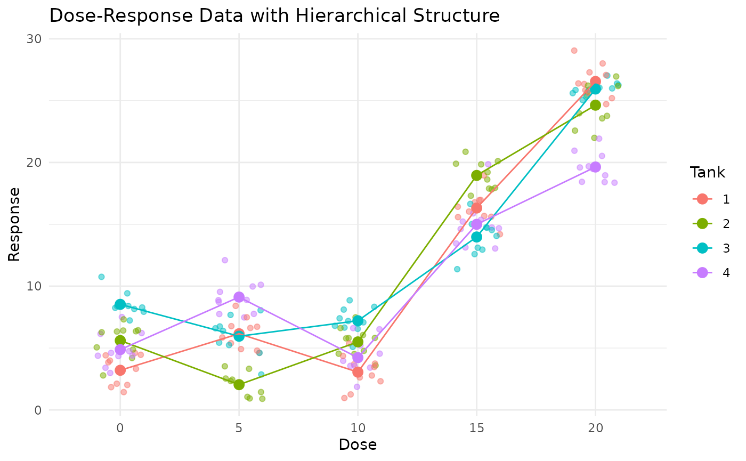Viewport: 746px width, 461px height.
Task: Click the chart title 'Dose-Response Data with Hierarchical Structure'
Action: [x=274, y=15]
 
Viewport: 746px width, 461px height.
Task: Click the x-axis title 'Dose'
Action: [x=358, y=444]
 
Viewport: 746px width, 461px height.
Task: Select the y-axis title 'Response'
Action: [x=14, y=224]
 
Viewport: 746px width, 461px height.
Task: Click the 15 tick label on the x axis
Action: [x=476, y=427]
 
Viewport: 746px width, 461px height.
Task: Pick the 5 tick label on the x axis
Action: [x=239, y=427]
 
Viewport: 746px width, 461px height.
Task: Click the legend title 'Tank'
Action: [x=707, y=173]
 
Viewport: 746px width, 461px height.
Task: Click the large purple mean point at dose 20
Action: [x=595, y=167]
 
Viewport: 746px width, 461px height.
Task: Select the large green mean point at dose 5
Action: [x=239, y=384]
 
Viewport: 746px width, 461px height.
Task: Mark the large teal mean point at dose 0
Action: [x=120, y=304]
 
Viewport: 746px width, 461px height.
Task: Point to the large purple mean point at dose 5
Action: [x=239, y=297]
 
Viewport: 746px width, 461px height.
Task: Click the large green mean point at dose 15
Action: [x=476, y=175]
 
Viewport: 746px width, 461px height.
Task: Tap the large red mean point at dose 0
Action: [x=120, y=370]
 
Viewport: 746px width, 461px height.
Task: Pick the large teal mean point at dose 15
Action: [x=476, y=237]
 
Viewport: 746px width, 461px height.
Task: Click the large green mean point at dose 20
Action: [x=595, y=105]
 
